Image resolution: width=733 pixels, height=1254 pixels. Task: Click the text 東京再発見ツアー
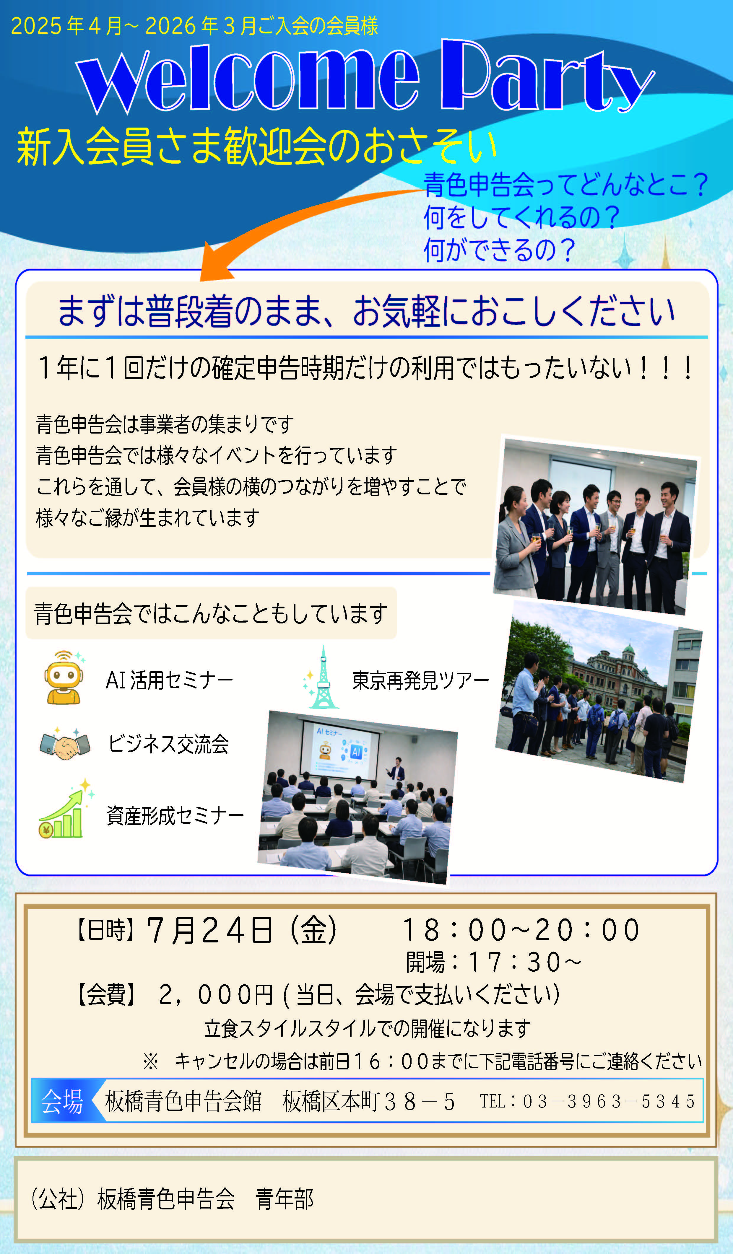click(420, 680)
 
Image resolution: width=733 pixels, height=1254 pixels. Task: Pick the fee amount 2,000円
click(216, 995)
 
